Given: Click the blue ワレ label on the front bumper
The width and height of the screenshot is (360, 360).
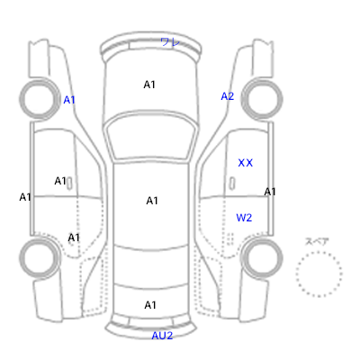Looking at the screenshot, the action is click(170, 41).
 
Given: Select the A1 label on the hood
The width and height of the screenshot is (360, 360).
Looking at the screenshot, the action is click(149, 85).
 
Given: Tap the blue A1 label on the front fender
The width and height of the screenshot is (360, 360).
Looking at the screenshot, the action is click(69, 100).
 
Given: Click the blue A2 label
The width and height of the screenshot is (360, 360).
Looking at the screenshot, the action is click(228, 96).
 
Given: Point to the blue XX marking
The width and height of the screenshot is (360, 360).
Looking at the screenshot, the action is click(246, 163).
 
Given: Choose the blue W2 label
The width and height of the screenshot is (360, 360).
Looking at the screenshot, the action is click(244, 218).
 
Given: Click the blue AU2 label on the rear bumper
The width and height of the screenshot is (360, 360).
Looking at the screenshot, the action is click(162, 336).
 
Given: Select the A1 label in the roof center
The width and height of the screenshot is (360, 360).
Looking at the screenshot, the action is click(152, 201).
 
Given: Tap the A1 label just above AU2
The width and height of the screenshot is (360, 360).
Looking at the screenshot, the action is click(150, 305).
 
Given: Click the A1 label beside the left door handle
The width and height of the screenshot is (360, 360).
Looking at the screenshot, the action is click(60, 181).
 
